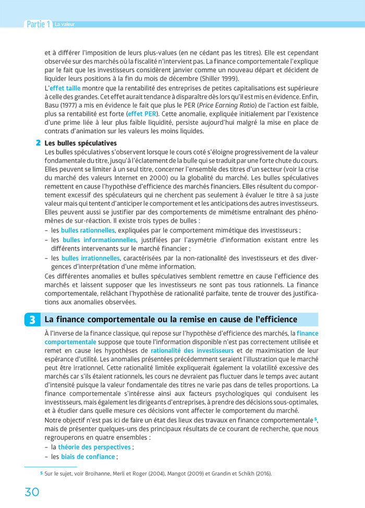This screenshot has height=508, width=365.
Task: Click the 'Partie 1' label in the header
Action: (x=38, y=24)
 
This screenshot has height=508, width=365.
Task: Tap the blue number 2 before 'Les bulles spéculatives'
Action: (x=38, y=143)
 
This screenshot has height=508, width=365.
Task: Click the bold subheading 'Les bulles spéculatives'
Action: (x=80, y=143)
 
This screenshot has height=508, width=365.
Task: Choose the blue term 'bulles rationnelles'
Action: (x=87, y=230)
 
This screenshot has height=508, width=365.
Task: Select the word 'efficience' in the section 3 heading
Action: (x=276, y=319)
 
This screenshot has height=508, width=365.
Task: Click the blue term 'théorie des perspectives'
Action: (x=94, y=447)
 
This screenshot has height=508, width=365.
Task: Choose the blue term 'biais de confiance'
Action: (x=88, y=457)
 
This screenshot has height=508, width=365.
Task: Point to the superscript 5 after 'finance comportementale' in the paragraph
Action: (x=315, y=419)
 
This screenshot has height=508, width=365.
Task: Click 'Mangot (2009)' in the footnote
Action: (x=177, y=474)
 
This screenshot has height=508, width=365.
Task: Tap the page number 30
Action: (x=32, y=492)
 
